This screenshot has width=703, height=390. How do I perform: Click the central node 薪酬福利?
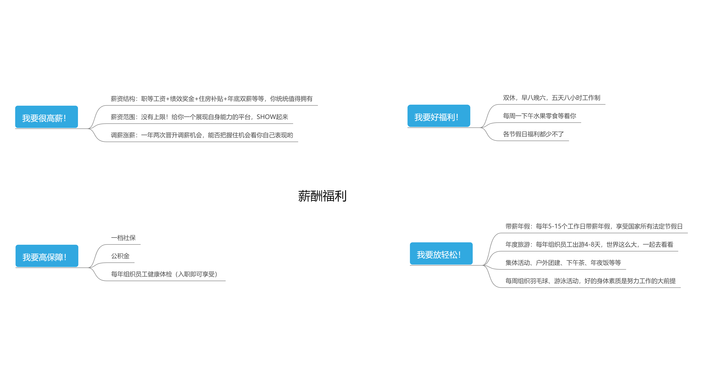click(x=322, y=195)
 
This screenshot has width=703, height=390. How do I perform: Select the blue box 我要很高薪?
click(x=46, y=117)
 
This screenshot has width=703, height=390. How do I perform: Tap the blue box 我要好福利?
click(x=439, y=116)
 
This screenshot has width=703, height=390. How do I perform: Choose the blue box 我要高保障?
click(x=47, y=256)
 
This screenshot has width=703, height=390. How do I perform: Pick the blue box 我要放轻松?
click(x=441, y=254)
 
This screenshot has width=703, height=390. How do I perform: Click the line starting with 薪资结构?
click(x=211, y=99)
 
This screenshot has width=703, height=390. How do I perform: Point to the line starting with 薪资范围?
click(x=199, y=117)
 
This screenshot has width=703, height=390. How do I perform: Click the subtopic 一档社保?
click(x=123, y=238)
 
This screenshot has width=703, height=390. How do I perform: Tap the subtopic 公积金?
click(x=120, y=256)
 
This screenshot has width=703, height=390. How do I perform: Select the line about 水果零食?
click(x=539, y=116)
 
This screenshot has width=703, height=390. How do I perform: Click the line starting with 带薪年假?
click(x=593, y=226)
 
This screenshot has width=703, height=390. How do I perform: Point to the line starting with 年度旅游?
click(x=589, y=244)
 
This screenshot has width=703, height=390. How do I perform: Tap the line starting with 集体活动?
click(x=563, y=263)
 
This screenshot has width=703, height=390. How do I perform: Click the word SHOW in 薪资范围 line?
click(x=266, y=117)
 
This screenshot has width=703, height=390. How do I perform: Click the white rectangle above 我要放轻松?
click(x=547, y=197)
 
